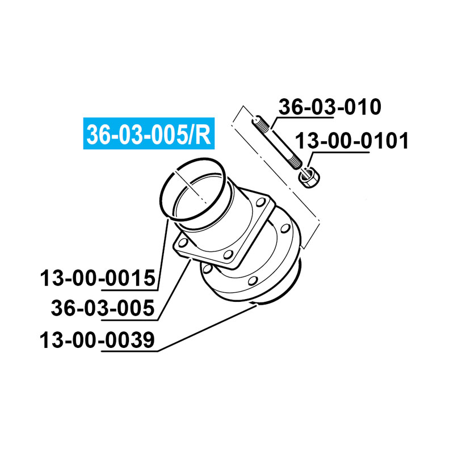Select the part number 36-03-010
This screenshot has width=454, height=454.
click(329, 107)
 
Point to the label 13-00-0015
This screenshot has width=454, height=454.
click(97, 279)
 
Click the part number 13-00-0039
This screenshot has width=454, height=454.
click(97, 340)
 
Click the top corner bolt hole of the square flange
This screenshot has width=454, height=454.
click(262, 199)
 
